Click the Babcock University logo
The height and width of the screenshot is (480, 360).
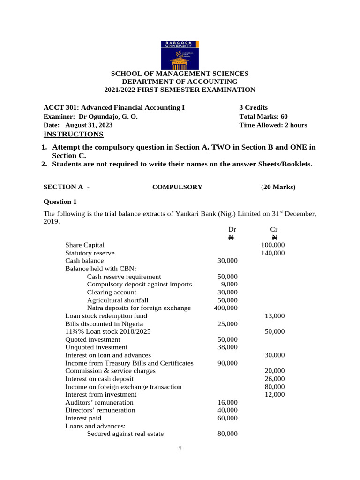tap(180, 55)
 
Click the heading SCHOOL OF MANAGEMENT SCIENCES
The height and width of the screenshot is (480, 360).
tap(180, 74)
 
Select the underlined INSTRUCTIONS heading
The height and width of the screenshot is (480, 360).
tap(73, 135)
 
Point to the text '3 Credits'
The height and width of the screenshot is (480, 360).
tap(253, 107)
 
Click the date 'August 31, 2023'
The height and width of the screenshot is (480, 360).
tap(89, 125)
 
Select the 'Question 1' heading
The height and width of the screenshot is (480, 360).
tap(60, 202)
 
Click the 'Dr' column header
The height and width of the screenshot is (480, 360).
tap(232, 229)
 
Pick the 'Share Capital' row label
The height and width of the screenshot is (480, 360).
tap(85, 245)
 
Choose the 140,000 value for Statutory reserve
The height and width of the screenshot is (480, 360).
tap(273, 253)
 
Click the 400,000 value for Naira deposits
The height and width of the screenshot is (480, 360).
tap(226, 308)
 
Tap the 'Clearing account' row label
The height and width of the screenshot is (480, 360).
tap(112, 292)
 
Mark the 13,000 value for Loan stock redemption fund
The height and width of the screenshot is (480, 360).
tap(274, 316)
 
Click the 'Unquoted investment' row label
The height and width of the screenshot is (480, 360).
tap(96, 347)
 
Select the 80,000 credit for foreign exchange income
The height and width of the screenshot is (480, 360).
tap(274, 387)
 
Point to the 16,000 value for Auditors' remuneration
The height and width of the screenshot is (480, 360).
tap(227, 402)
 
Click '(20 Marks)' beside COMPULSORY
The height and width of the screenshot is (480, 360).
tap(278, 187)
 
